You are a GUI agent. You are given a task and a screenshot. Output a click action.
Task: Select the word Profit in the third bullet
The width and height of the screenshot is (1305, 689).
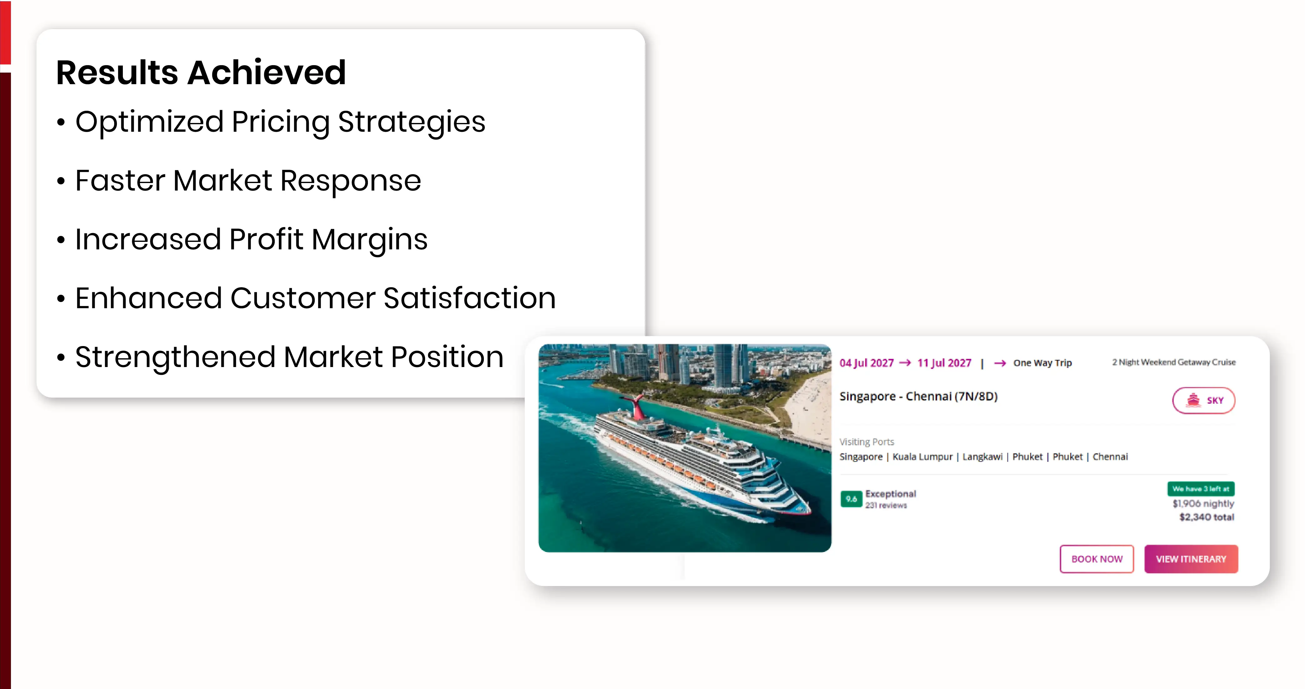click(266, 239)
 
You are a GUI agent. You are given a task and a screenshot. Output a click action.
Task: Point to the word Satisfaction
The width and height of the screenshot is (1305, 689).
click(469, 298)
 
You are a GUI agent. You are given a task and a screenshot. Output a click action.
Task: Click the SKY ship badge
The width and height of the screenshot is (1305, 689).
click(1204, 401)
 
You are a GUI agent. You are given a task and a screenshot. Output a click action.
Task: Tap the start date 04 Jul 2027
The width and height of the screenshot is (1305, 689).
click(866, 363)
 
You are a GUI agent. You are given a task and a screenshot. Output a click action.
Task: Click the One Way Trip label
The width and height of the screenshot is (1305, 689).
click(1042, 363)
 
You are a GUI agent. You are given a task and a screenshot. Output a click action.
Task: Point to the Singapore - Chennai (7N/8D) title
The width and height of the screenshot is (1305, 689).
click(918, 396)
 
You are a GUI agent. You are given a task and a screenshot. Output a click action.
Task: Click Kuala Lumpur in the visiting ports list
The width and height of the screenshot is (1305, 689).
click(922, 457)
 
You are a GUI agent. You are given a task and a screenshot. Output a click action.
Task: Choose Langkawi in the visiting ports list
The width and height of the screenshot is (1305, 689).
click(982, 457)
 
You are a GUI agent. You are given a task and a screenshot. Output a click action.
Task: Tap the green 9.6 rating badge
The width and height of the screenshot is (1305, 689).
click(851, 499)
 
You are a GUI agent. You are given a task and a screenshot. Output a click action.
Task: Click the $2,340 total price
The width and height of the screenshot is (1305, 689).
click(1207, 517)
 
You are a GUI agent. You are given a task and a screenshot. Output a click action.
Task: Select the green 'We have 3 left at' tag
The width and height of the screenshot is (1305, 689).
click(1201, 489)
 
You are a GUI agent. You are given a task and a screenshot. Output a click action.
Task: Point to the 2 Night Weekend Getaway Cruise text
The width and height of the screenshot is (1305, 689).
click(1174, 362)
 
